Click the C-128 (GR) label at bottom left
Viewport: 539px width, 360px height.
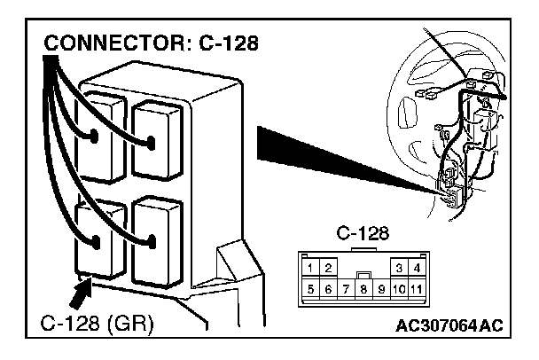(98, 325)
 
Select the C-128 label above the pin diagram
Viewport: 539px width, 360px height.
(358, 235)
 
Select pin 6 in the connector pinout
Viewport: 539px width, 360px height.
(327, 288)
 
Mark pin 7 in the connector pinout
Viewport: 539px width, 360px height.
(344, 288)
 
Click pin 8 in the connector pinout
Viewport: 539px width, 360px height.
(363, 288)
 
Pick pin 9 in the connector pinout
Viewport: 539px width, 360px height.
(380, 288)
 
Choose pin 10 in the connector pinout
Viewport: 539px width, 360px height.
(398, 288)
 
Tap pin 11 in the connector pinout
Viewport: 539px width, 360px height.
(416, 288)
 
